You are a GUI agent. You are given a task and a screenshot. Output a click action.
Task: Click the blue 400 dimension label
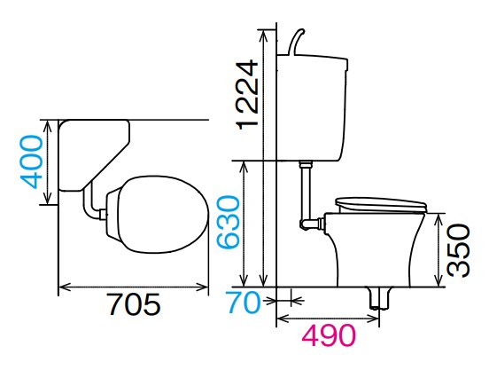(30, 161)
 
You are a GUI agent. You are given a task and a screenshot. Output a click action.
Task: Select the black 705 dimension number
(134, 303)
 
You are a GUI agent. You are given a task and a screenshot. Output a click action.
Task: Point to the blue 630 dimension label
(229, 223)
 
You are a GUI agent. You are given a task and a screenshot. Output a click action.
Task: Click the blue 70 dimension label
(244, 302)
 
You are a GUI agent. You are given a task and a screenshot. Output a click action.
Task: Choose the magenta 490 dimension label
(329, 335)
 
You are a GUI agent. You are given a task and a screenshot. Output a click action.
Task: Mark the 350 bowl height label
(458, 250)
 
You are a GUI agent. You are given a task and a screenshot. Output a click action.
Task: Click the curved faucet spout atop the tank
(296, 43)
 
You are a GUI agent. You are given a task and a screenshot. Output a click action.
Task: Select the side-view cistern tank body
(312, 108)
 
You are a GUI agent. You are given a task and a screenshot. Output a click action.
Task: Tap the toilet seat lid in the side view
(381, 205)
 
